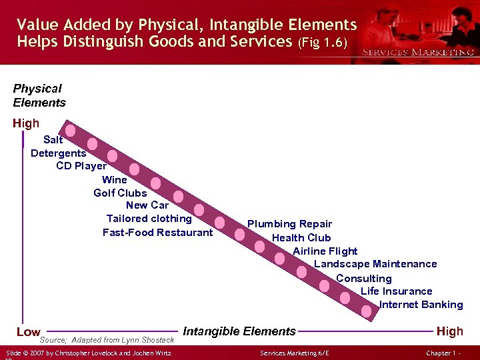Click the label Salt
(53, 140)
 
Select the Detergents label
(59, 153)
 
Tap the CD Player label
(81, 166)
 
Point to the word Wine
(115, 179)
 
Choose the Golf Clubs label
(120, 193)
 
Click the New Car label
(147, 205)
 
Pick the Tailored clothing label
(149, 219)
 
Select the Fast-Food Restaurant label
(157, 233)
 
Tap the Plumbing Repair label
(289, 224)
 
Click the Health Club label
(301, 238)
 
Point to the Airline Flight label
(325, 251)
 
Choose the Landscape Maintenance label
(375, 264)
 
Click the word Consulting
(364, 278)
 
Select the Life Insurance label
(396, 291)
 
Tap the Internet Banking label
(421, 305)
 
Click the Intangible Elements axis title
(239, 331)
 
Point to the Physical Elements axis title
(39, 95)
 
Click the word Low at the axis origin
(28, 332)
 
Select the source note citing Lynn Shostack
(107, 340)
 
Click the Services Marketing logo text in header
(417, 52)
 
